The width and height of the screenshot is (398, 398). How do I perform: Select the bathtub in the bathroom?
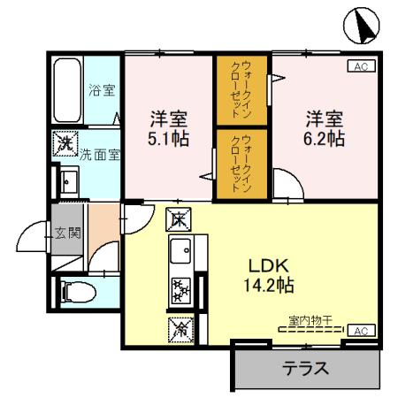click(67, 93)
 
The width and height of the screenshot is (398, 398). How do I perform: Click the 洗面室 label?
click(101, 154)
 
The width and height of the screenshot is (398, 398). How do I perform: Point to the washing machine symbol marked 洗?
click(65, 141)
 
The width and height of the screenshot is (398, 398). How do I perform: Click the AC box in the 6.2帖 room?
click(362, 66)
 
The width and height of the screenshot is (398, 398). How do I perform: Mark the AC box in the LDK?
click(361, 331)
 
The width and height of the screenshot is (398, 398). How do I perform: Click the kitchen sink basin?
click(181, 253)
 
